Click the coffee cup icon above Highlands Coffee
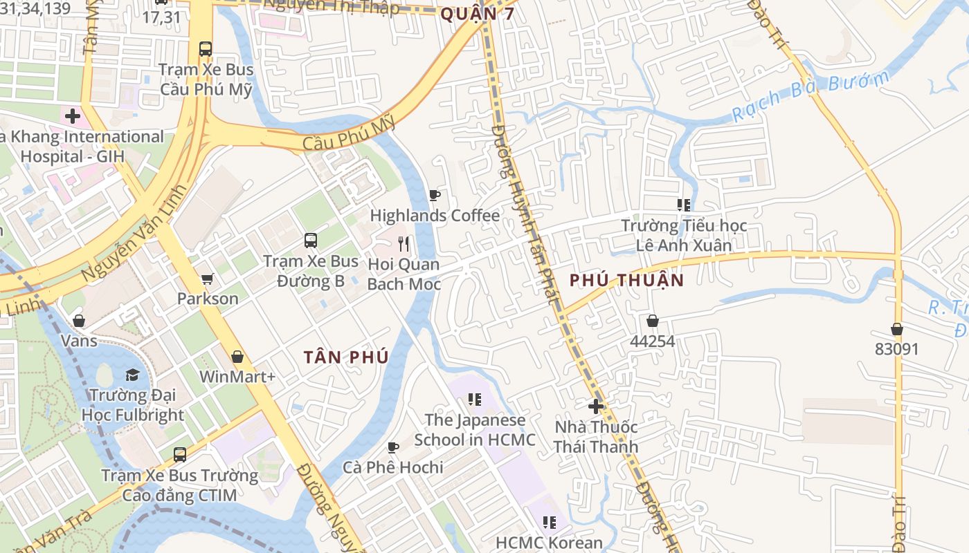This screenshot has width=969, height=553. coord(435,196)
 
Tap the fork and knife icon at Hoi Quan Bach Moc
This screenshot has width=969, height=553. coord(404,244)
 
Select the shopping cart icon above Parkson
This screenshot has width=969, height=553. coord(207,279)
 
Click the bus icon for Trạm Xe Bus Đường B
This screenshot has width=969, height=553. coord(311,241)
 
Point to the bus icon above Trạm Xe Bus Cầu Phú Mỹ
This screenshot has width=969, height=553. coord(206,49)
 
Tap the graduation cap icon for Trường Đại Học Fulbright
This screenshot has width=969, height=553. coord(132,375)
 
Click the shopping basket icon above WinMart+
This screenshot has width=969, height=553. coord(237,357)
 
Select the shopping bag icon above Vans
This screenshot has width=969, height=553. coord(79,321)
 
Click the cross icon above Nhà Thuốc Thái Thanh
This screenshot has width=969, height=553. coord(595,406)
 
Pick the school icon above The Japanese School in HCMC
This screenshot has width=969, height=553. coord(474,399)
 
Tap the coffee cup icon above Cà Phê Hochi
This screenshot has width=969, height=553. coord(393,447)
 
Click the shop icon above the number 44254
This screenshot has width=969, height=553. coord(652,321)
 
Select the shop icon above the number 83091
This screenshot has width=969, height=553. coord(896,329)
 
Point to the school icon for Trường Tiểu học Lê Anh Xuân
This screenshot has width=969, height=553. coord(684,205)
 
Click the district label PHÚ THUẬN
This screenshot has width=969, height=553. coord(626,280)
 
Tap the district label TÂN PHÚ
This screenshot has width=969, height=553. coord(345,357)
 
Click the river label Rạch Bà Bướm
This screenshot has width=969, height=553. coord(810,97)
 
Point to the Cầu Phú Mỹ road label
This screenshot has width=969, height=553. coord(349,133)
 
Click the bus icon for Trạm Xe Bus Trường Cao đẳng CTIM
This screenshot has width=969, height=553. coord(180,455)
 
